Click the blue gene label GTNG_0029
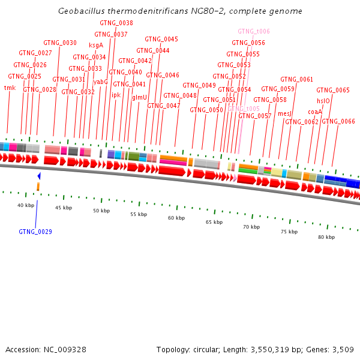pyautogui.click(x=35, y=232)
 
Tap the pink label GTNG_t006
pyautogui.click(x=254, y=31)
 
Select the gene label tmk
pyautogui.click(x=10, y=88)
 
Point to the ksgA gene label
pyautogui.click(x=96, y=45)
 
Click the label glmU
pyautogui.click(x=139, y=97)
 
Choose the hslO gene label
pyautogui.click(x=323, y=101)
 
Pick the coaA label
pyautogui.click(x=315, y=112)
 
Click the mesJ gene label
pyautogui.click(x=284, y=113)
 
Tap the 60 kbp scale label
pyautogui.click(x=176, y=218)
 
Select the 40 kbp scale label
pyautogui.click(x=26, y=206)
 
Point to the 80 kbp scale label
pyautogui.click(x=326, y=238)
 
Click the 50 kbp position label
pyautogui.click(x=101, y=211)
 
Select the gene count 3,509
pyautogui.click(x=343, y=350)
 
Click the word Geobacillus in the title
pyautogui.click(x=81, y=11)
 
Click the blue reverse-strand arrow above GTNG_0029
pyautogui.click(x=39, y=176)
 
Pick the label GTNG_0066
pyautogui.click(x=338, y=122)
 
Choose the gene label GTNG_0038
pyautogui.click(x=116, y=23)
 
